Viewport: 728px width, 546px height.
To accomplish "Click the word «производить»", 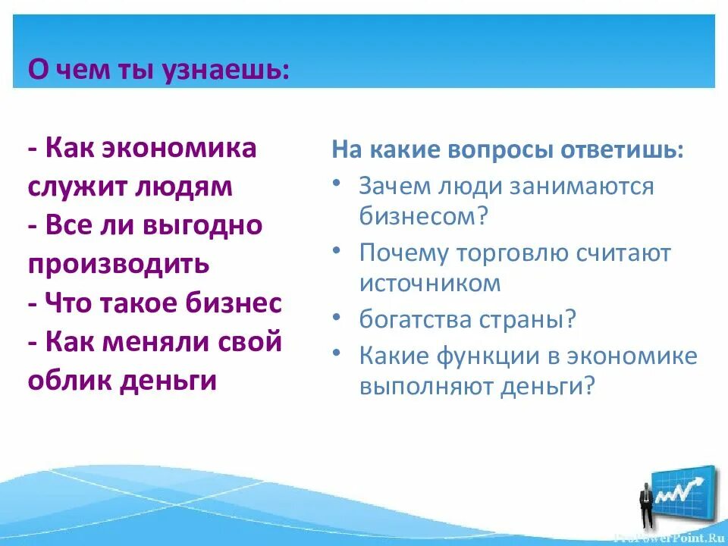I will [118, 265].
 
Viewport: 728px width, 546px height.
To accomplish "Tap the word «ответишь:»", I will [622, 149].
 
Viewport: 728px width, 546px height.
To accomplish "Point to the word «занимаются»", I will [581, 187].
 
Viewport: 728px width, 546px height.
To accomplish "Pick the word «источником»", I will [430, 283].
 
